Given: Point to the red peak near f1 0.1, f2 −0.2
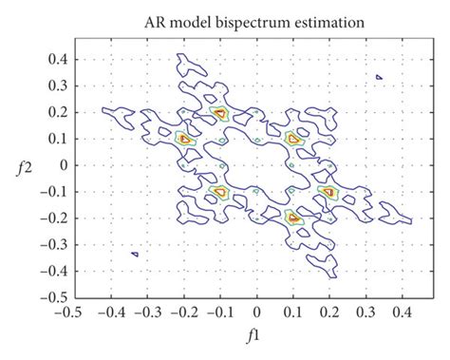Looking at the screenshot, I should pos(293,217).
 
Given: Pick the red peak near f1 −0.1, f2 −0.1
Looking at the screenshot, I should pos(220,191).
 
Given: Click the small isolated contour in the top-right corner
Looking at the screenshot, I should pos(379,77).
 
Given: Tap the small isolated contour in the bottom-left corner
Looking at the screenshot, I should pos(136,254).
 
